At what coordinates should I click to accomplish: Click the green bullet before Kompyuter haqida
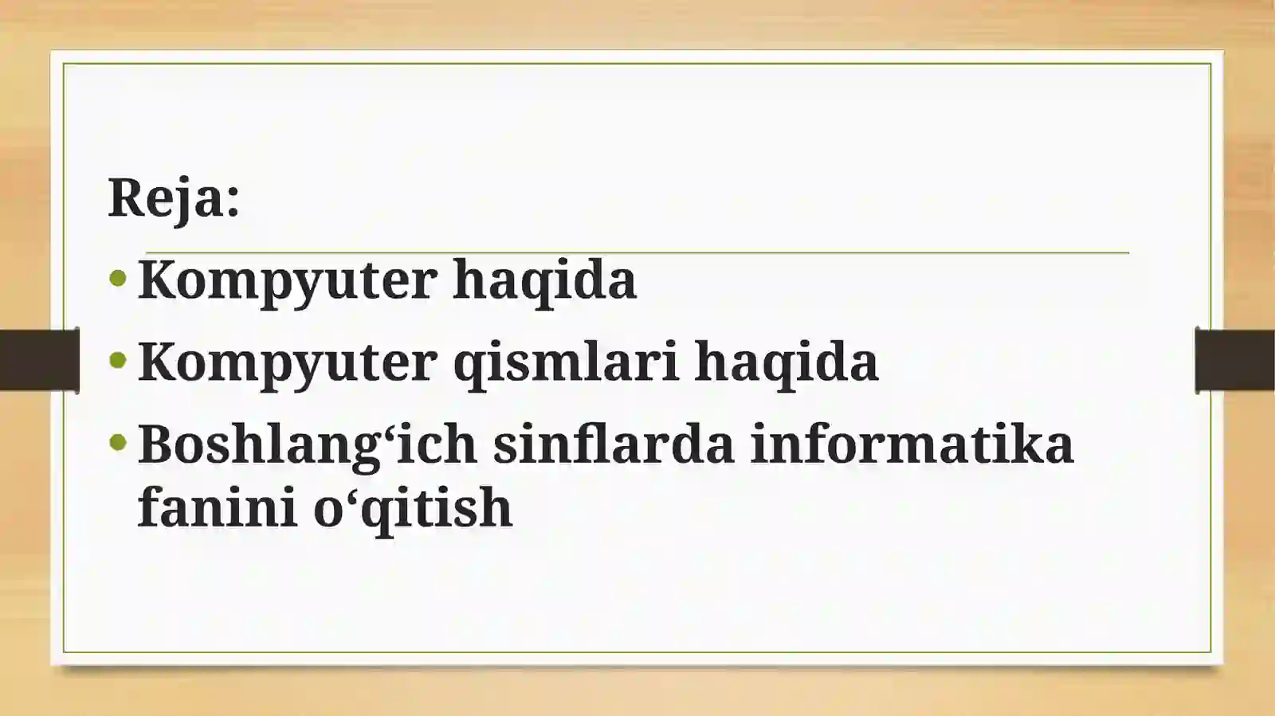[118, 278]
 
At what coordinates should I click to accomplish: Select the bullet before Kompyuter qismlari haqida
[118, 360]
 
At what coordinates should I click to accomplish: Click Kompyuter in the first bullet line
[287, 280]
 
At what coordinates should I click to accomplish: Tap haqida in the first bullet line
[544, 280]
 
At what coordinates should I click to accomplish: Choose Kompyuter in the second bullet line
[287, 362]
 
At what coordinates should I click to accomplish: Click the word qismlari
[565, 362]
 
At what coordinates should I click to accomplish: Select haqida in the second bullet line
[787, 362]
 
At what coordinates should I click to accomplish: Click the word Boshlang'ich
[307, 444]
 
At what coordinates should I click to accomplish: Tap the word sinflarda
[613, 444]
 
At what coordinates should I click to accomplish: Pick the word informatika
[912, 444]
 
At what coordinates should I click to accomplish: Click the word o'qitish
[412, 508]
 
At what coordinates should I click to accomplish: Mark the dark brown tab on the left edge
[39, 360]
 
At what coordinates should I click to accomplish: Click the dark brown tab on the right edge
[1234, 360]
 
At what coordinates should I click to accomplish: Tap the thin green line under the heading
[637, 252]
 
